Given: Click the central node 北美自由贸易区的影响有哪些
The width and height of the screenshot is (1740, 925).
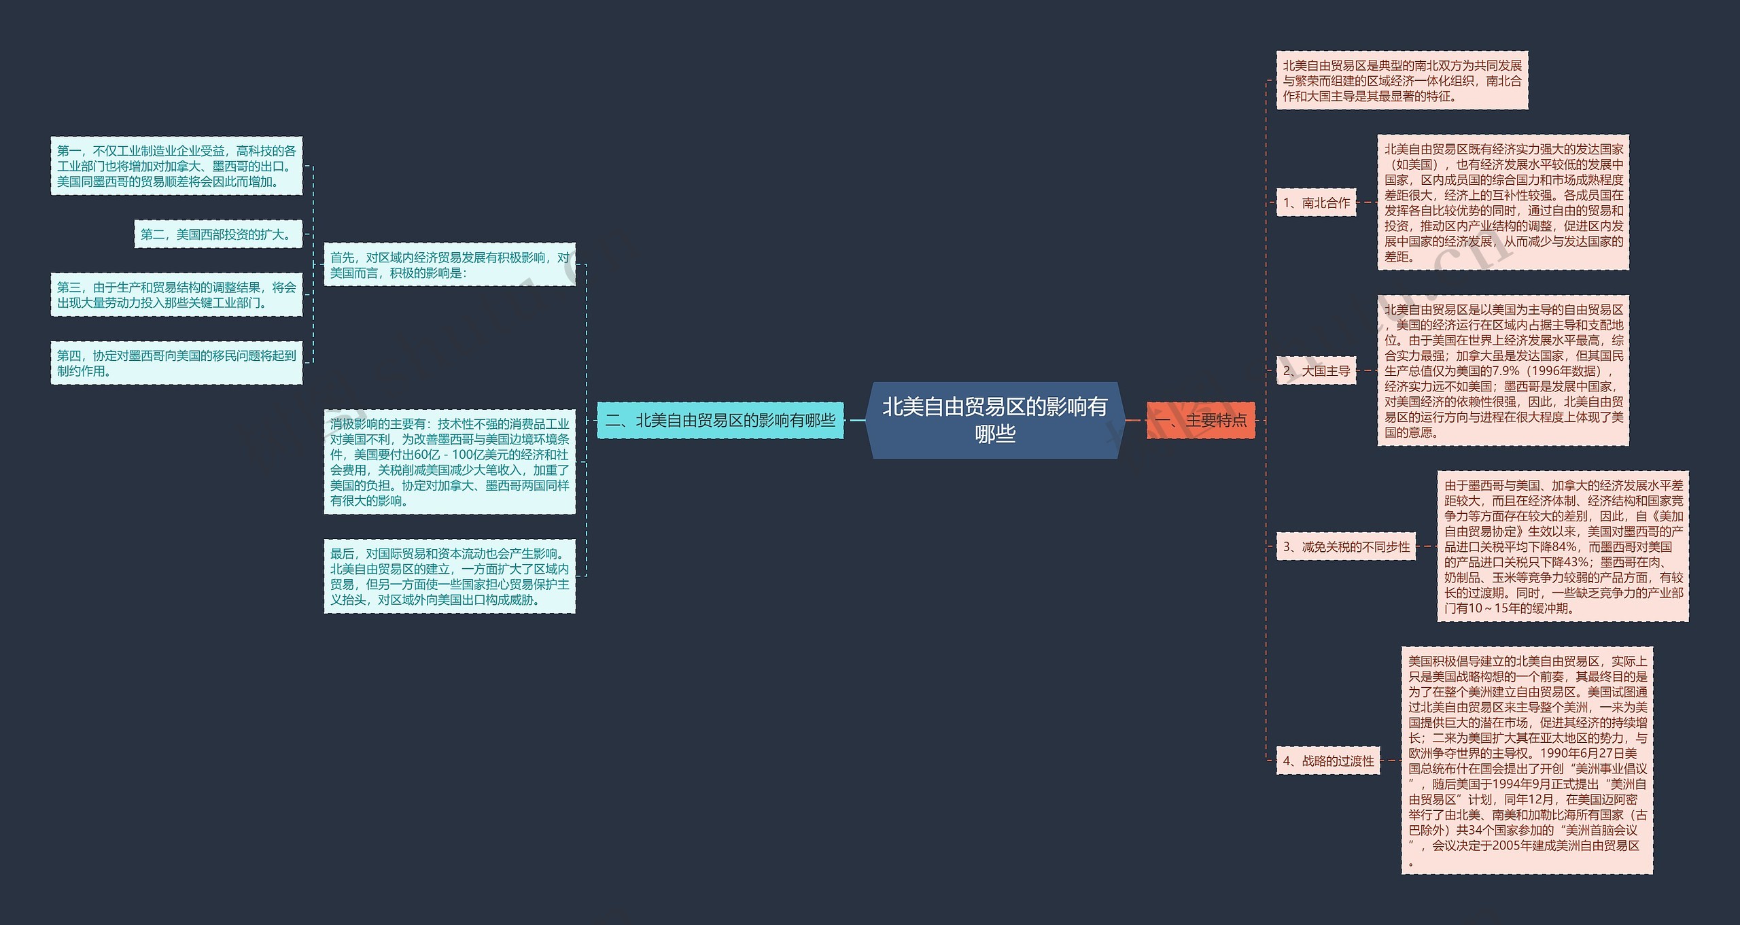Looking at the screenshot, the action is click(x=995, y=420).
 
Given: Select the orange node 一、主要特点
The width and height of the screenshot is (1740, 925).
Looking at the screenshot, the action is click(x=1201, y=420).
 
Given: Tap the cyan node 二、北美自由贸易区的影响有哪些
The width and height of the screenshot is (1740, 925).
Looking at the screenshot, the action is click(x=720, y=420).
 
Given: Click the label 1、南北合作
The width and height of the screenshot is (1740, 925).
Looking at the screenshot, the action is click(x=1316, y=203).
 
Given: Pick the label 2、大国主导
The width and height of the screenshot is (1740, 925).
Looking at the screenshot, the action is click(x=1316, y=370).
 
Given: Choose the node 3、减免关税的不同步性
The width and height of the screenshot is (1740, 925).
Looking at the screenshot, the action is click(x=1346, y=546).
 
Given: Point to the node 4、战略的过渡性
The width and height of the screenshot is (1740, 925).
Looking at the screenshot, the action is click(x=1328, y=761).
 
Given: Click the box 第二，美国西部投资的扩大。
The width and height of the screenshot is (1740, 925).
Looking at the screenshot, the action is click(x=218, y=234).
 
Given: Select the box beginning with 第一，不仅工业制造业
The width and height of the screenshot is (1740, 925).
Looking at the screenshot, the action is click(x=177, y=166).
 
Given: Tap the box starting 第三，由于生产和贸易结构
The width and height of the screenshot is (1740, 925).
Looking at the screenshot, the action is click(x=177, y=294).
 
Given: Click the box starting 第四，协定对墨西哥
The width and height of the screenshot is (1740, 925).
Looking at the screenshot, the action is click(x=177, y=363).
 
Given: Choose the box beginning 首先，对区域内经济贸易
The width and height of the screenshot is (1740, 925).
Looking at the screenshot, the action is click(x=450, y=264).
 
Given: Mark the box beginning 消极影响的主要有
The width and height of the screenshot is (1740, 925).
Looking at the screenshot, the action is click(x=450, y=461).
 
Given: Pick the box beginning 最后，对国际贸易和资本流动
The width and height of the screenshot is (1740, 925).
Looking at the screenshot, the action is click(x=450, y=576).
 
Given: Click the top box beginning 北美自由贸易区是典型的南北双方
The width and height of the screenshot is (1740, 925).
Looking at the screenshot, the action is click(x=1402, y=80).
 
